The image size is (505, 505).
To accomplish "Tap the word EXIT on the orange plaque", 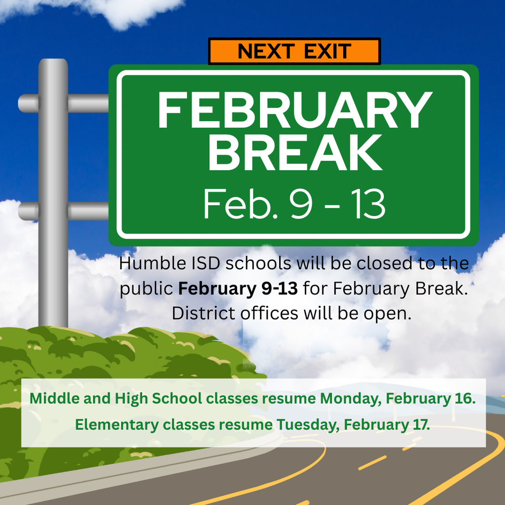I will (x=327, y=51).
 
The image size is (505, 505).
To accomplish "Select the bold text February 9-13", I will (x=238, y=289).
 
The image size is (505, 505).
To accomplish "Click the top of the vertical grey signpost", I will (x=53, y=64).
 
